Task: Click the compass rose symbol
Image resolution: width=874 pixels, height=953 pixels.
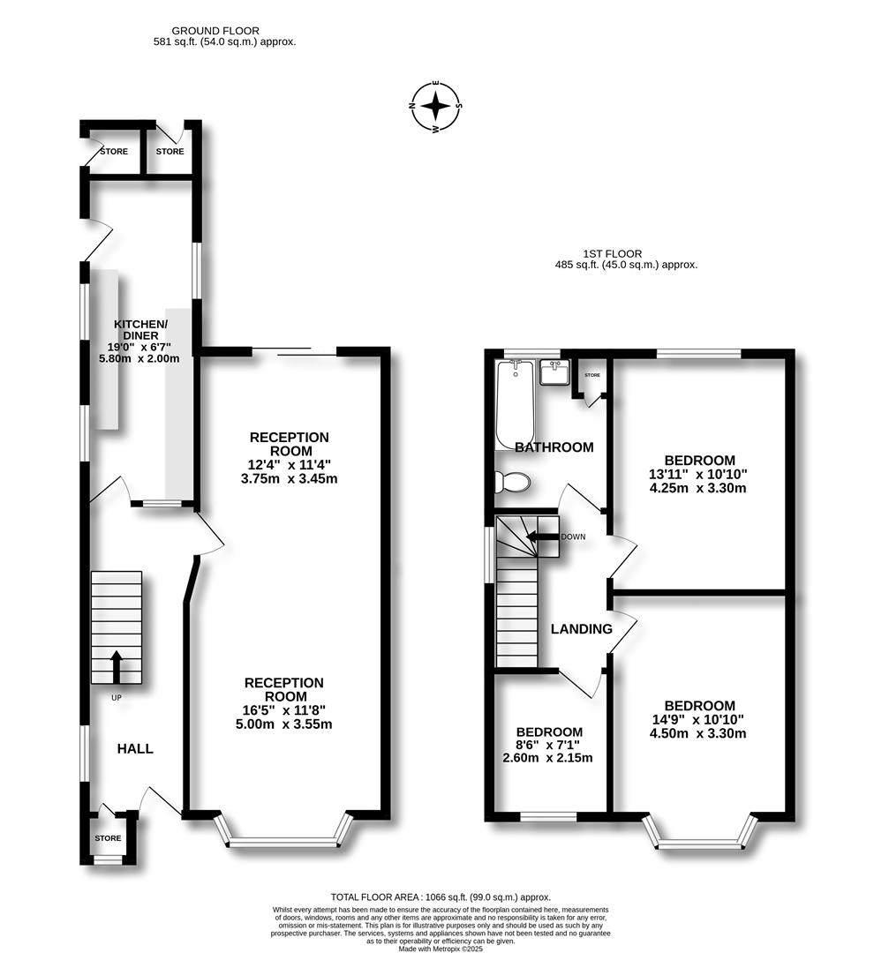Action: click(x=435, y=107)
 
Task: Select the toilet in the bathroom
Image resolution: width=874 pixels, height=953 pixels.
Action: click(x=511, y=482)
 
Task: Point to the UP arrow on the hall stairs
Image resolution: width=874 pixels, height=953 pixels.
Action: click(x=116, y=666)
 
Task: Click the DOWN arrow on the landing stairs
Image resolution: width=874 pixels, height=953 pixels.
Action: click(x=542, y=536)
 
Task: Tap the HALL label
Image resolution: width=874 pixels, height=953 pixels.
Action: click(x=135, y=748)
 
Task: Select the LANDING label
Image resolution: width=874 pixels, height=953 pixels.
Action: click(x=581, y=629)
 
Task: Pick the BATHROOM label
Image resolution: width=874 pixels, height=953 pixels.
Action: click(x=554, y=447)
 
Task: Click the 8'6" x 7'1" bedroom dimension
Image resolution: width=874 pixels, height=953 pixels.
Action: click(x=548, y=745)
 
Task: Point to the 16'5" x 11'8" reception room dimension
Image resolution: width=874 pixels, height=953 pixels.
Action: click(x=283, y=709)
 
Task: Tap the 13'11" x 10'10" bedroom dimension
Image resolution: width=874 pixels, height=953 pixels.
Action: click(x=699, y=474)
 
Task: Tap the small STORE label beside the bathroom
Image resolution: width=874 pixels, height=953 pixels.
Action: click(x=591, y=375)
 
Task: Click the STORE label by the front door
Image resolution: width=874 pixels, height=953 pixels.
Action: click(x=108, y=838)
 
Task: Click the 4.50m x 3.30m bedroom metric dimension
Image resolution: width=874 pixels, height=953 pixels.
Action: click(x=699, y=733)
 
